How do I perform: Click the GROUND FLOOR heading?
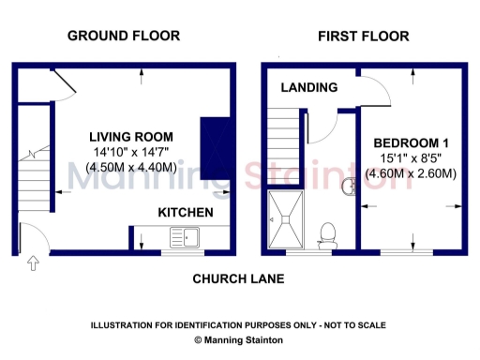point(124,36)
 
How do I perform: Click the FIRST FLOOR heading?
point(363,37)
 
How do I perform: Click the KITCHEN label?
point(185,213)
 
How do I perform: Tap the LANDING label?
point(308,87)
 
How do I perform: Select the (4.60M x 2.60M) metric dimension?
point(411,173)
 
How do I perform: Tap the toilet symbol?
point(328,232)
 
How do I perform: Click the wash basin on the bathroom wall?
point(351,186)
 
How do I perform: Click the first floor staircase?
point(283,148)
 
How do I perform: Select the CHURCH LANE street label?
point(238,279)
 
